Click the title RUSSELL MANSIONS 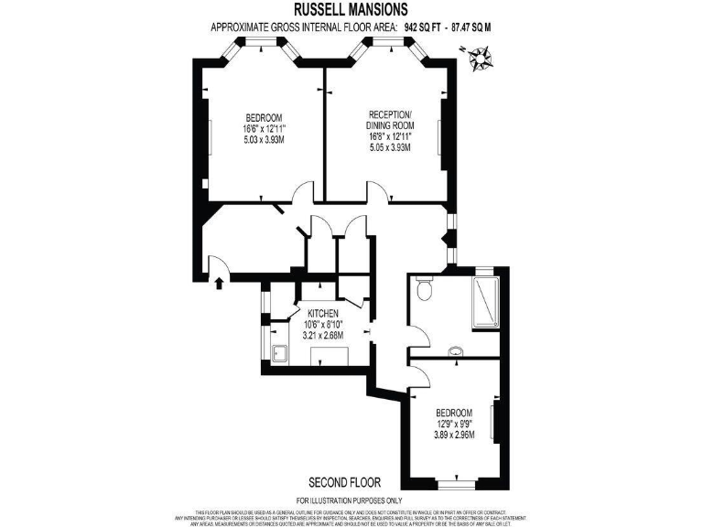coord(351,11)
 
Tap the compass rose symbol coord(479,60)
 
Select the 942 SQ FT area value coord(423,27)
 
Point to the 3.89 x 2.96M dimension coord(454,434)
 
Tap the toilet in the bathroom coord(422,290)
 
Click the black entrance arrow coord(218,283)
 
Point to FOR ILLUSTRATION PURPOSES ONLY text coord(351,500)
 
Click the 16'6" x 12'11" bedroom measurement coord(265,129)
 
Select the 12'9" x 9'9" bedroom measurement coord(454,423)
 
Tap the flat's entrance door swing coord(218,264)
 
